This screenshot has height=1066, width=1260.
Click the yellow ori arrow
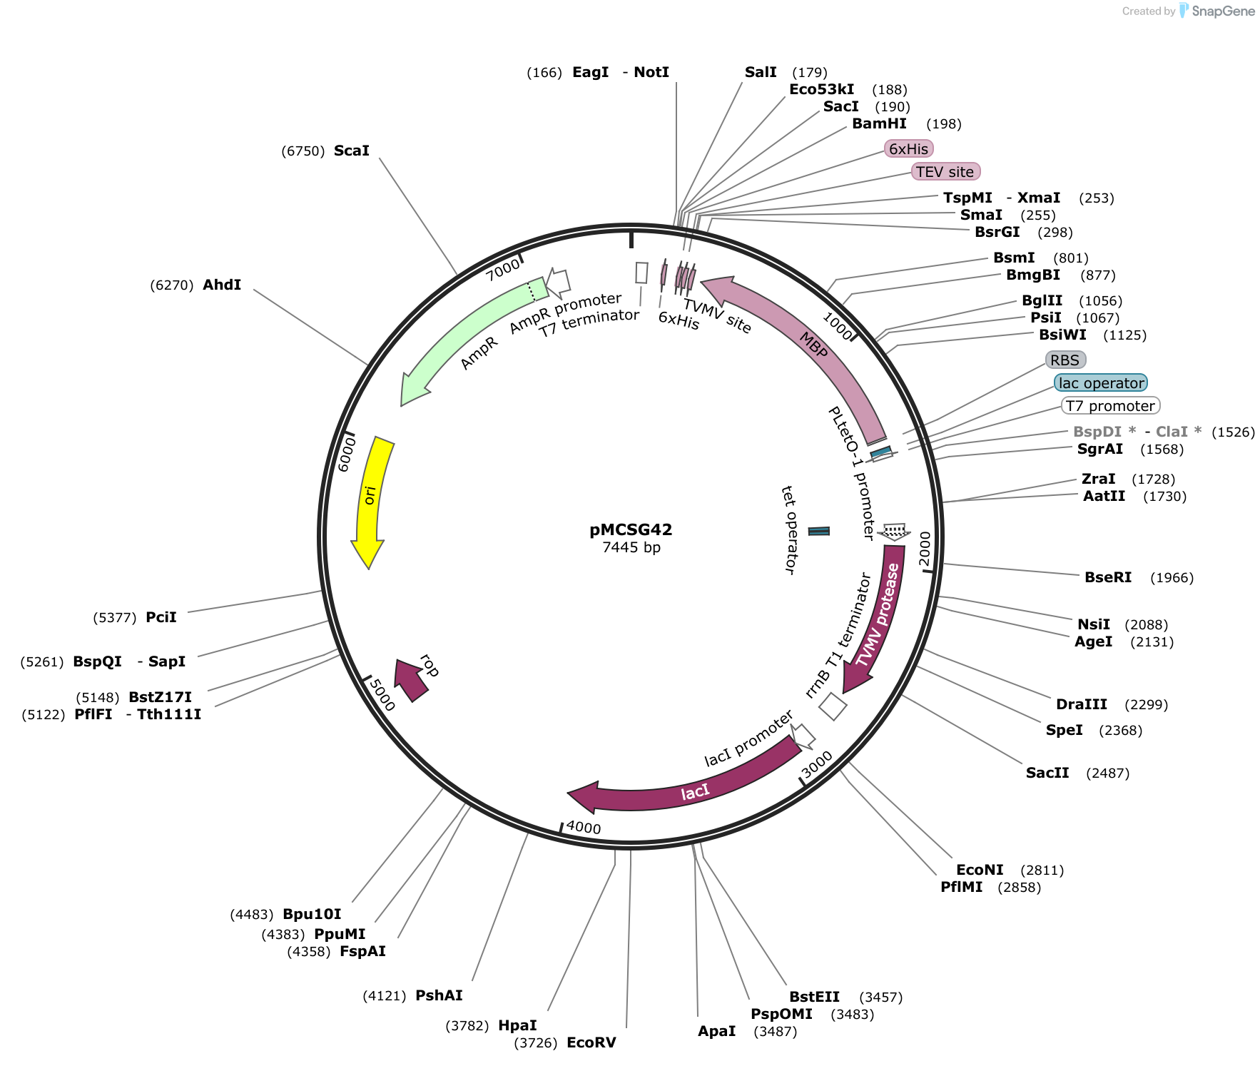point(372,499)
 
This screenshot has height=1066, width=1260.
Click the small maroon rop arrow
point(411,680)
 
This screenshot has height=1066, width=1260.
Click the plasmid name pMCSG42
point(631,529)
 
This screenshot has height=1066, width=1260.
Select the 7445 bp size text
point(631,547)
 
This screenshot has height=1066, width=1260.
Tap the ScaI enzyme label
point(352,151)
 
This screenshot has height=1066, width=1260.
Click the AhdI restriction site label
point(222,285)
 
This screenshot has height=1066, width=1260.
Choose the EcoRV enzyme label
point(591,1042)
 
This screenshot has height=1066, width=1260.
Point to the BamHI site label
point(879,123)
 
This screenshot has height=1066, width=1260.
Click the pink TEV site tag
point(945,171)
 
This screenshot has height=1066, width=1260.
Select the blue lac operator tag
point(1101,383)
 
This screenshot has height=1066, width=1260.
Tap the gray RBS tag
point(1065,360)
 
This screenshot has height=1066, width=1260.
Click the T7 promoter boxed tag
point(1110,406)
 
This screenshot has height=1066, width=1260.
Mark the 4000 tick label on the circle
point(584,828)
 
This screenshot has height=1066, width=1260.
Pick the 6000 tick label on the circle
point(346,455)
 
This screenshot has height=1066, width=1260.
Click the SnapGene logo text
point(1223,11)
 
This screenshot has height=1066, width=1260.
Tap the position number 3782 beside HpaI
point(467,1025)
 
